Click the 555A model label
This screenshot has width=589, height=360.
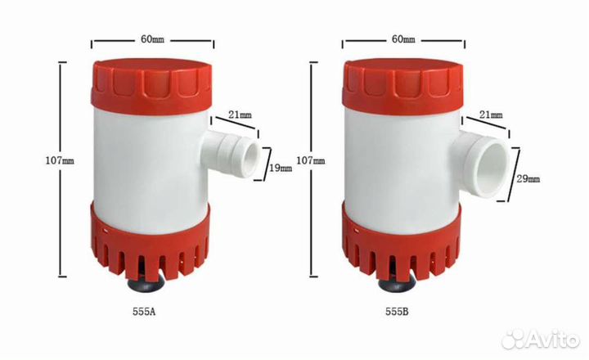(x=144, y=312)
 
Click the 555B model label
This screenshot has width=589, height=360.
(x=397, y=312)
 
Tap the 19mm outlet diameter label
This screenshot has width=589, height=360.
(x=281, y=168)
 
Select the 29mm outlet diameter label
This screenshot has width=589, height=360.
(x=528, y=179)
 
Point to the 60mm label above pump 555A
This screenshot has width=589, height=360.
(x=152, y=39)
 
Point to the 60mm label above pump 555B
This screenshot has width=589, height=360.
(x=403, y=39)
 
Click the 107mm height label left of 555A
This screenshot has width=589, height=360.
(x=60, y=161)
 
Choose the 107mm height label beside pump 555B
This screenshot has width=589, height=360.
(x=311, y=161)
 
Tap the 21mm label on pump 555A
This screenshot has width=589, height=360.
(x=241, y=115)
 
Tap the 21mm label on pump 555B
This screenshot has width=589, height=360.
(x=491, y=115)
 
